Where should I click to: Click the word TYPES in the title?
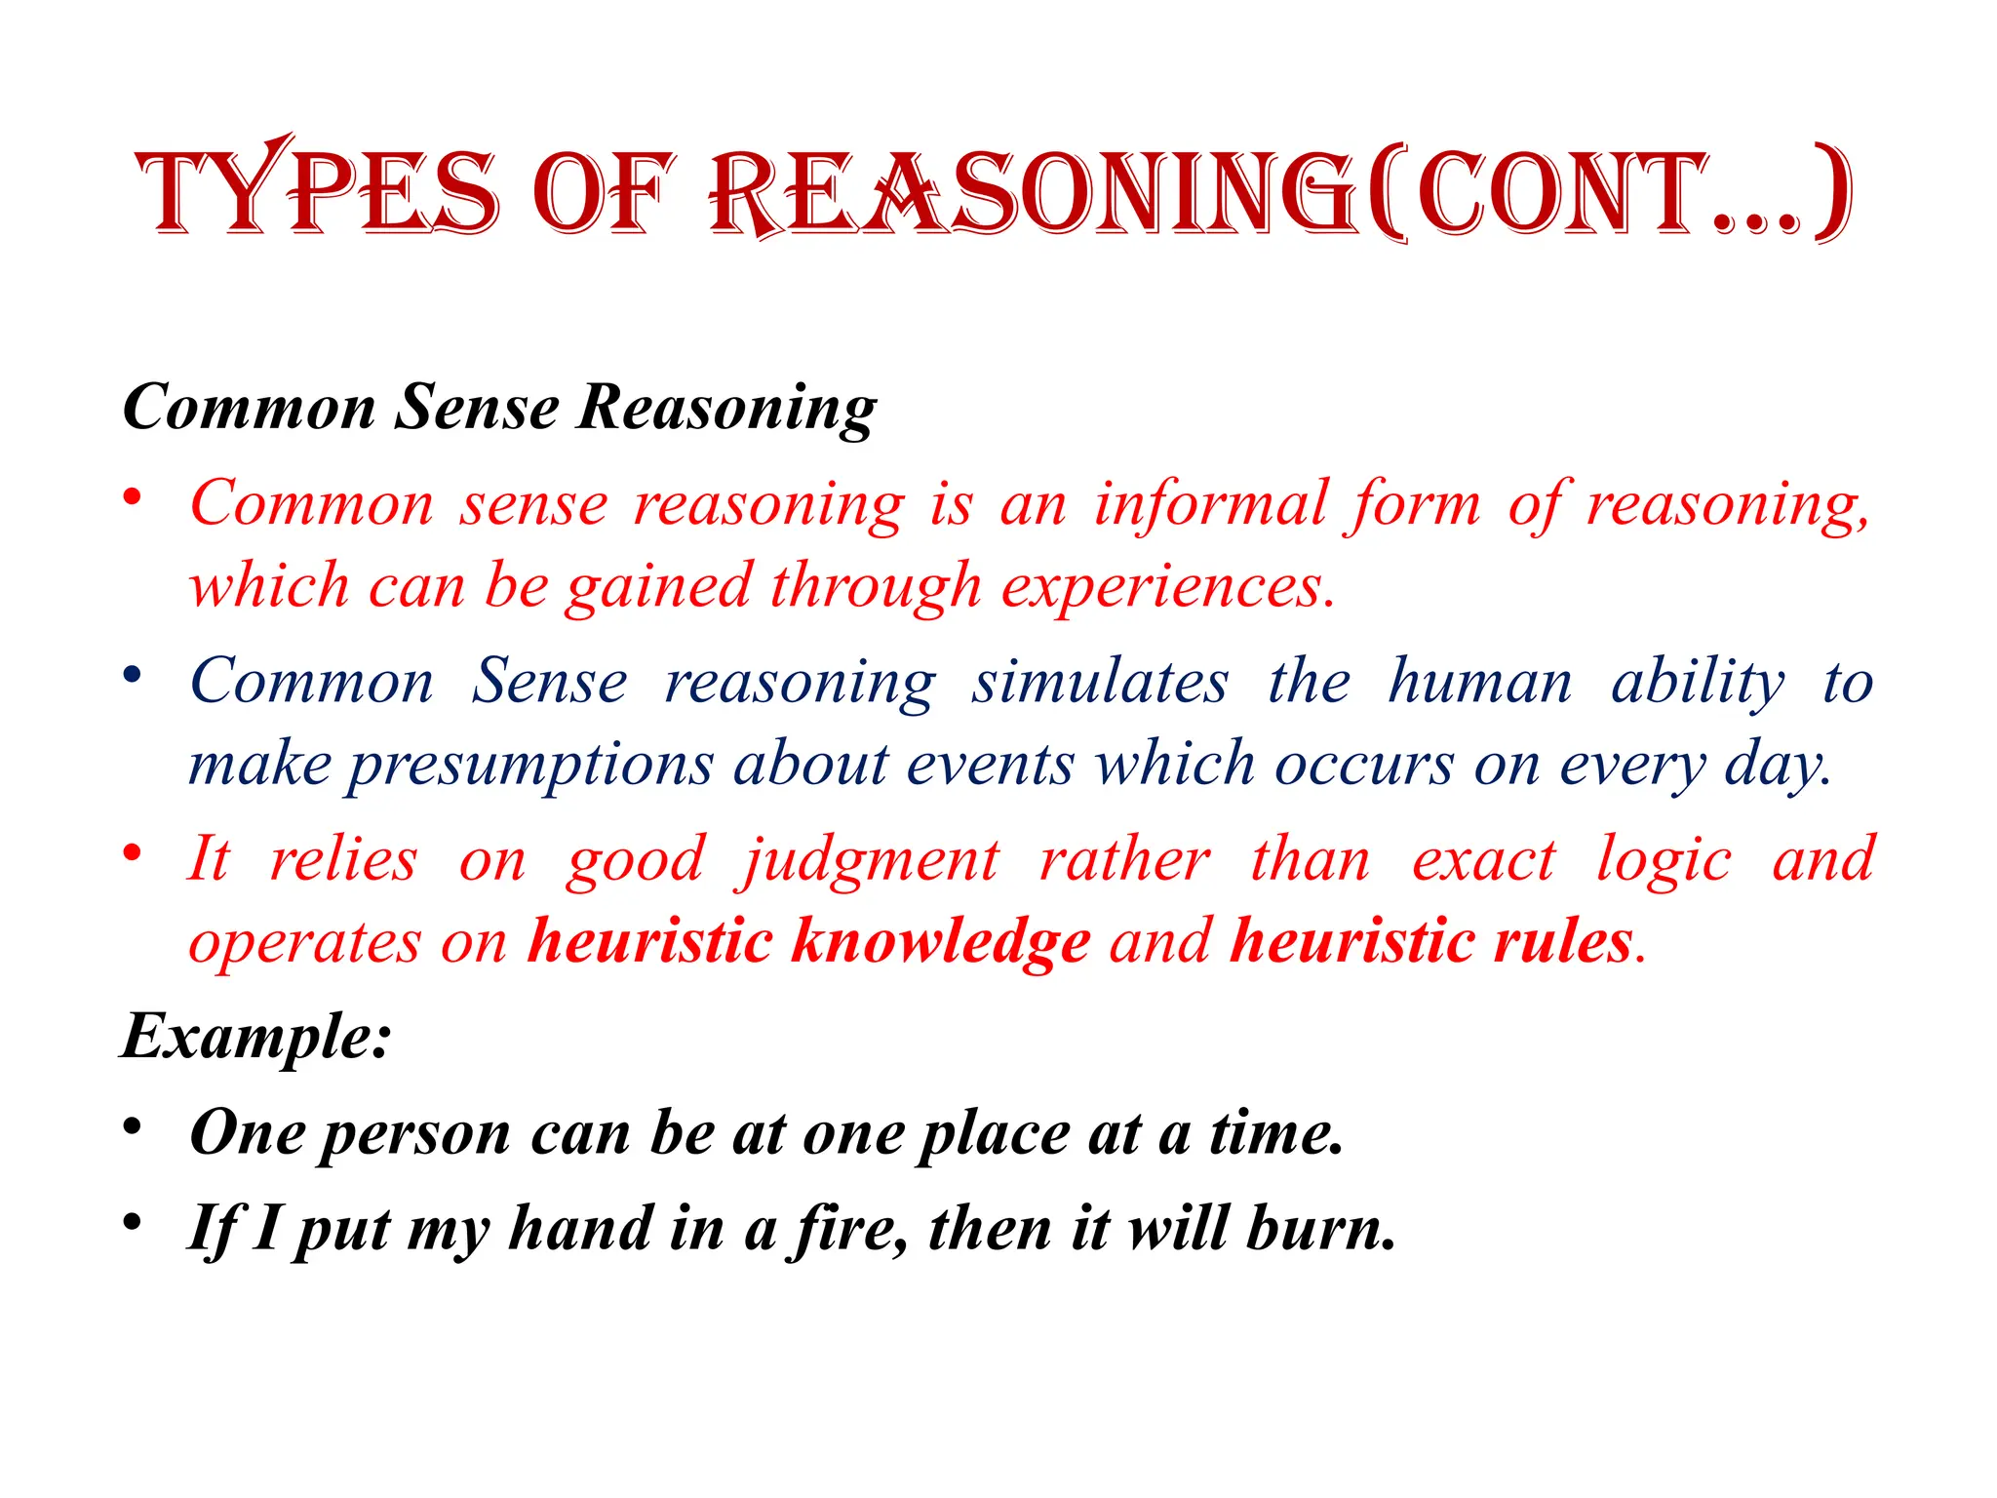click(x=318, y=191)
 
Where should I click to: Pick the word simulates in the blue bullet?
click(x=1100, y=681)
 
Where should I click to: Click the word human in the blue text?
click(x=1480, y=681)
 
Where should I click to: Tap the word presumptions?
click(x=531, y=765)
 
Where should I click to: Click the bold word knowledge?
click(x=940, y=942)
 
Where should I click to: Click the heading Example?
click(x=256, y=1036)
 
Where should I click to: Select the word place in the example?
click(x=994, y=1135)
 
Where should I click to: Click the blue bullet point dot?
click(x=133, y=675)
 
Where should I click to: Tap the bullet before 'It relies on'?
click(x=133, y=853)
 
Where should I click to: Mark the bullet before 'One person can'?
click(x=133, y=1127)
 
